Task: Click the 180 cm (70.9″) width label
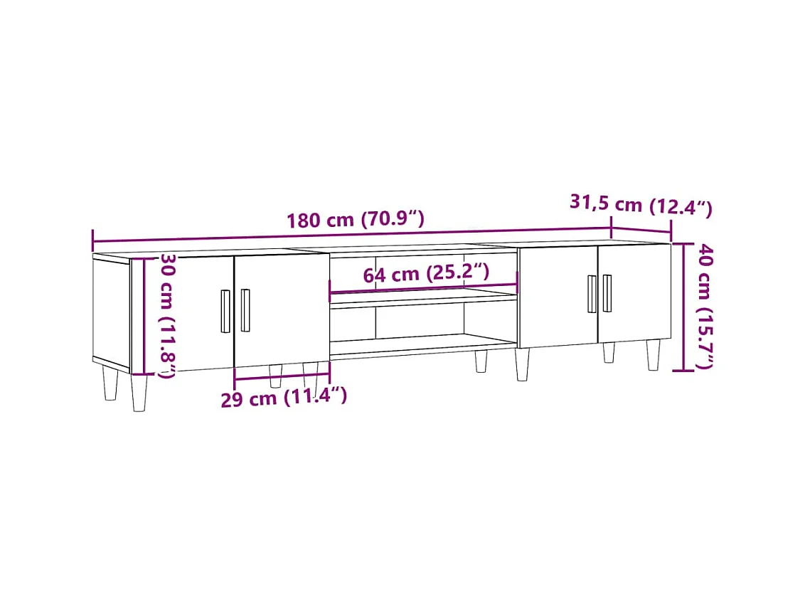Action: coord(356,219)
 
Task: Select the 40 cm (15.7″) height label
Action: coord(704,306)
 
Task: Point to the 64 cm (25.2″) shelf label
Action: coord(426,273)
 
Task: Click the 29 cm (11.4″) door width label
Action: coord(284,397)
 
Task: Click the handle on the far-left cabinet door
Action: coord(225,311)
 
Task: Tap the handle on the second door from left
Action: coord(245,310)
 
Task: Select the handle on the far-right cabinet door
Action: coord(607,293)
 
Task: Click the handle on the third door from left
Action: coord(592,294)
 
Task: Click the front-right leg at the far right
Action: coord(653,354)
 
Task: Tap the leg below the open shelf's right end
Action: coord(481,360)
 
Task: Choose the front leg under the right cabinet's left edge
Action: coord(523,364)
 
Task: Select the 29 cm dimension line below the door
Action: coord(282,376)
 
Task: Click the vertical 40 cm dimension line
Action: coord(684,307)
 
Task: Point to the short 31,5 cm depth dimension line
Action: coord(641,231)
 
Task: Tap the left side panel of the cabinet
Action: coord(111,312)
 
